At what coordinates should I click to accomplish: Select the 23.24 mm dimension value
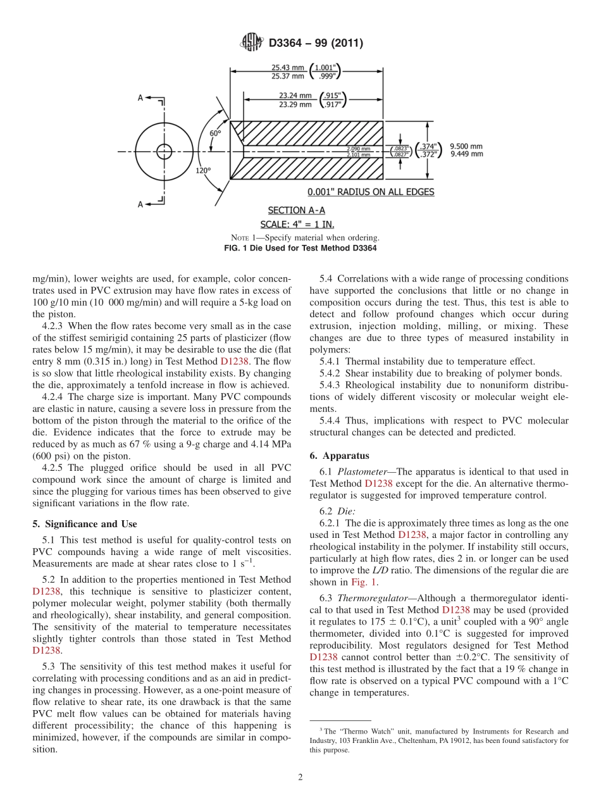click(295, 96)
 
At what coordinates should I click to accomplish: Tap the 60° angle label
click(215, 134)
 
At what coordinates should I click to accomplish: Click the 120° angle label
click(203, 170)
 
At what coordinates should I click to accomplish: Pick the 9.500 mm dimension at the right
click(466, 146)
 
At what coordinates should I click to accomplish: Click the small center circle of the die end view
click(164, 151)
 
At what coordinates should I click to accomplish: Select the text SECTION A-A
click(296, 210)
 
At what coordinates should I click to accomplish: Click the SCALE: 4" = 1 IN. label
click(297, 225)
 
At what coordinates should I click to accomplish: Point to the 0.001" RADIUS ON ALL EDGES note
click(371, 192)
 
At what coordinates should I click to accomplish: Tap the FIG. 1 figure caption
click(300, 247)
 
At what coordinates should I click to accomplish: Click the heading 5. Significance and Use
click(84, 524)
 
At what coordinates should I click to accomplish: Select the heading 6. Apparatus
click(340, 456)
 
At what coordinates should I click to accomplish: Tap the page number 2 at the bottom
click(300, 777)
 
